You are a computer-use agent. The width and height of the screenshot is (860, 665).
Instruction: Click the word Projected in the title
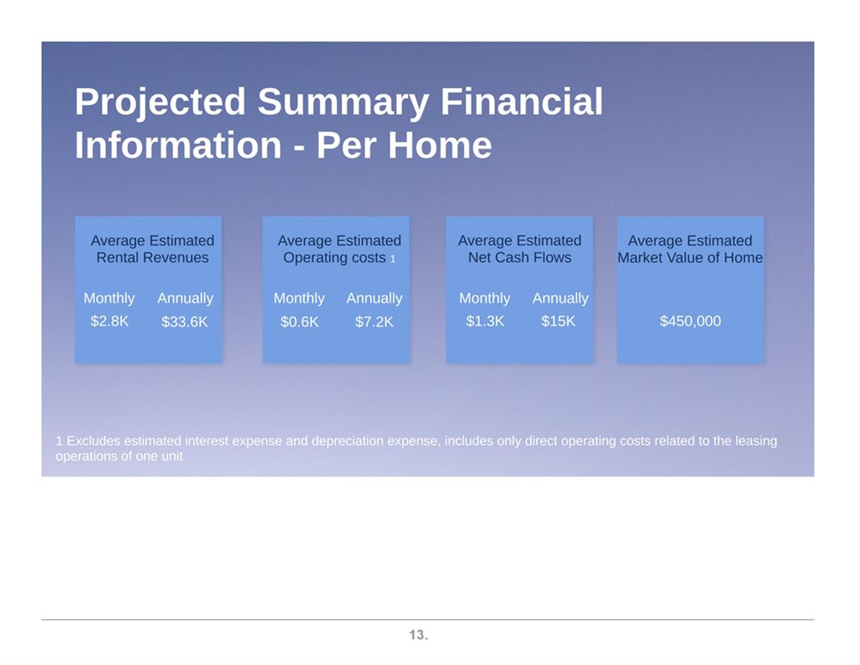[x=160, y=103]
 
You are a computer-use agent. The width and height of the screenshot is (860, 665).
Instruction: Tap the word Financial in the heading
[x=522, y=101]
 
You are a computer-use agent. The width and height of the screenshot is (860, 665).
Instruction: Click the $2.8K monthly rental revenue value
[x=109, y=321]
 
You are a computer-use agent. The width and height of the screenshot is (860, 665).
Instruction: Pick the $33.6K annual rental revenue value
[x=185, y=321]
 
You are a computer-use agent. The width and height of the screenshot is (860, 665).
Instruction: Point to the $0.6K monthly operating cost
[x=299, y=321]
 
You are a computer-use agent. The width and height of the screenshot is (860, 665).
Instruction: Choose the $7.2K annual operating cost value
[x=374, y=321]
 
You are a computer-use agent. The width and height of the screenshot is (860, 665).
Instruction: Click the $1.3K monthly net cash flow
[x=485, y=321]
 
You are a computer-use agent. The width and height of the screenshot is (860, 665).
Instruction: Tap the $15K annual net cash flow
[x=559, y=321]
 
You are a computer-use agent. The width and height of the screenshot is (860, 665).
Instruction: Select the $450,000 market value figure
[x=690, y=321]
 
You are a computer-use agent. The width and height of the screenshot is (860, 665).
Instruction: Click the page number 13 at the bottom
[x=418, y=635]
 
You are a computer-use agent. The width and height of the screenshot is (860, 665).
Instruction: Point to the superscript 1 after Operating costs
[x=393, y=259]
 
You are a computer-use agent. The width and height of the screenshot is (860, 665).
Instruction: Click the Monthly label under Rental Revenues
[x=109, y=299]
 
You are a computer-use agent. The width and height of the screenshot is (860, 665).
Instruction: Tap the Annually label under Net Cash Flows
[x=561, y=299]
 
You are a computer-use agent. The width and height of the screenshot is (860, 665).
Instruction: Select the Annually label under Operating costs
[x=375, y=299]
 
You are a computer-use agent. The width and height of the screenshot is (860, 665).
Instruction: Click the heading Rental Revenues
[x=152, y=257]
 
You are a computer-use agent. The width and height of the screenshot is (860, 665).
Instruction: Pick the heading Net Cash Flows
[x=519, y=257]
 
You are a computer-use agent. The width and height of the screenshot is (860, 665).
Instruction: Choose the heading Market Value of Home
[x=690, y=257]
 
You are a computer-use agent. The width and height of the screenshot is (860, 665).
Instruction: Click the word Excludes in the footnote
[x=93, y=441]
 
